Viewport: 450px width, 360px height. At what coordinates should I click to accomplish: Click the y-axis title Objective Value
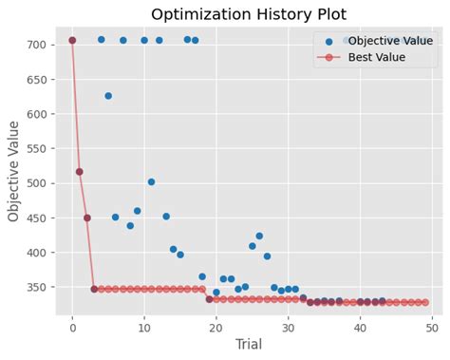point(14,171)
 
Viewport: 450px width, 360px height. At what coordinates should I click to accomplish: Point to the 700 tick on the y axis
point(39,45)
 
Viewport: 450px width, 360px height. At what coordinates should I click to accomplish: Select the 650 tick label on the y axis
point(39,80)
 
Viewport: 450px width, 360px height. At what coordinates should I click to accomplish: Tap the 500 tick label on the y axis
point(39,183)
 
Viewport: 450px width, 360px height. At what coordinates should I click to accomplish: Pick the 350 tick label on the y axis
point(39,287)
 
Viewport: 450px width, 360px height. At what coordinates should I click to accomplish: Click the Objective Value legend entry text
point(390,41)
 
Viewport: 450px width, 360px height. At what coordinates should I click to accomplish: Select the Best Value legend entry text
point(377,58)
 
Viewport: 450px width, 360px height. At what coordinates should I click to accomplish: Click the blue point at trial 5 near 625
point(108,96)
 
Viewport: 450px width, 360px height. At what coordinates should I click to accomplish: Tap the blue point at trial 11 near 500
point(151,181)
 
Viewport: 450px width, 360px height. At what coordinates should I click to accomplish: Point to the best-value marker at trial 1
point(80,172)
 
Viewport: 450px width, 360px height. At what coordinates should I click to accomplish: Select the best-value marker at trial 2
point(87,218)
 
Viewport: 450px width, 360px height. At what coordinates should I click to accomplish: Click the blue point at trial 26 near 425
point(259,236)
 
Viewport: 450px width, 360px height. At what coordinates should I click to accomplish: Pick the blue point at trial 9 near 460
point(137,211)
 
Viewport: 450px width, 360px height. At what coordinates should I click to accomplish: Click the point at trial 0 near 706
point(72,40)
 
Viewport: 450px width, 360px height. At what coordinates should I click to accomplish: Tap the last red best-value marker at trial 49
point(424,302)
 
